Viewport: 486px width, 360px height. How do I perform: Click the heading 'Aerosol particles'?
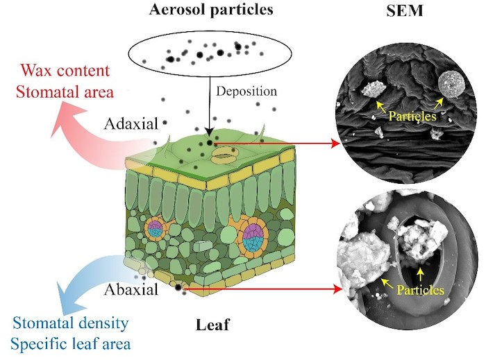coord(211,10)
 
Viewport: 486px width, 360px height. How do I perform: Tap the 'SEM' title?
coord(405,10)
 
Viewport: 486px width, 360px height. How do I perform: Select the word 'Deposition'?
coord(246,92)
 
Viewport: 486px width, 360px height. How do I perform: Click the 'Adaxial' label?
coord(131,124)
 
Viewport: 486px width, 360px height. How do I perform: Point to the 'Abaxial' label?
coord(131,290)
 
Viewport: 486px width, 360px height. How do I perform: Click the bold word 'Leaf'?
coord(212,325)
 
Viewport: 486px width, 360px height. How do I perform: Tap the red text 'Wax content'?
coord(65,71)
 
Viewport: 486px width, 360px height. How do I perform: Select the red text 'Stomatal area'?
coord(65,92)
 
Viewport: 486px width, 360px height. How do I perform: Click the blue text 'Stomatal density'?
coord(70,323)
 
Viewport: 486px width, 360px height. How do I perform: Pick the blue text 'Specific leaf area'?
coord(71,344)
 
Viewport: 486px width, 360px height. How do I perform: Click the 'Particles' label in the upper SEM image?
coord(412,117)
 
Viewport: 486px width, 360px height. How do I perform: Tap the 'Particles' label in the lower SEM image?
coord(420,290)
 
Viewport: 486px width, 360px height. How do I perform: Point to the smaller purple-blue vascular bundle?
coord(155,230)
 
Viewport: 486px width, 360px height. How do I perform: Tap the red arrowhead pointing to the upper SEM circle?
coord(336,144)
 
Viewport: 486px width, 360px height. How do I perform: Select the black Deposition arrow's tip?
coord(210,135)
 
